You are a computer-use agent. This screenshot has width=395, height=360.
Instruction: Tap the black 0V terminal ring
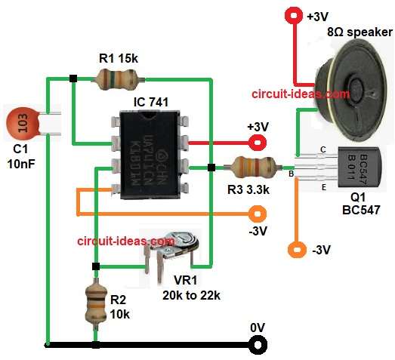259,345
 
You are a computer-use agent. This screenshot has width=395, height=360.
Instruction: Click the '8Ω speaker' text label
359,32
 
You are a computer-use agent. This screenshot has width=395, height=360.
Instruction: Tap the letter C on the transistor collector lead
323,149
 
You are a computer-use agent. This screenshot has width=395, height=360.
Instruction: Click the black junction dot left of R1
73,77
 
